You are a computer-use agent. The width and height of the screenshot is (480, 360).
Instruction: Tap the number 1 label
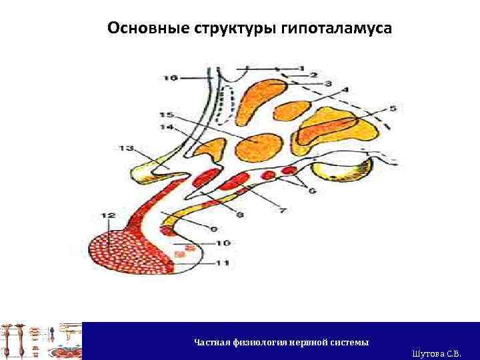coord(301,67)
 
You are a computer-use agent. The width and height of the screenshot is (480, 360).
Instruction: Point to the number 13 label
coord(125,148)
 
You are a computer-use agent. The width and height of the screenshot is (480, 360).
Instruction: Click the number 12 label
coord(109,215)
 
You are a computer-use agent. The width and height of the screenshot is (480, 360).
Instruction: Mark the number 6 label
coord(311,191)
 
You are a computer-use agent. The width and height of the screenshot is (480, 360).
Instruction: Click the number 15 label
coord(166,115)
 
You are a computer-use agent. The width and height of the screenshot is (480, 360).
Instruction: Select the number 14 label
coord(166,127)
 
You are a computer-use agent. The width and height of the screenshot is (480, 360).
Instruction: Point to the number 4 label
coord(345,90)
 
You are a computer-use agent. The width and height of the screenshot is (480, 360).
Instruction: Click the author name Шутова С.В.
coord(437,353)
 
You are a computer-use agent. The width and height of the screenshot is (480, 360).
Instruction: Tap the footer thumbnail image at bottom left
coord(41,341)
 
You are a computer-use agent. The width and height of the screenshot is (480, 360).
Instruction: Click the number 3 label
coord(329,83)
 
